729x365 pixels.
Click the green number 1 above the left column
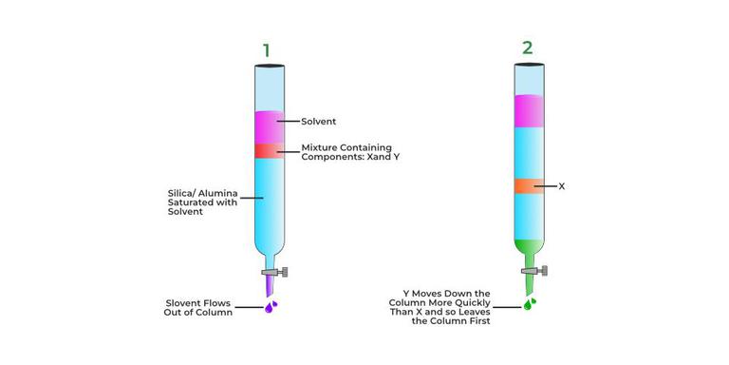pyautogui.click(x=267, y=48)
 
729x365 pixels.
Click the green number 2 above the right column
pyautogui.click(x=528, y=48)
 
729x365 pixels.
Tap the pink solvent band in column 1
pyautogui.click(x=269, y=127)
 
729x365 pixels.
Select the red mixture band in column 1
pyautogui.click(x=269, y=151)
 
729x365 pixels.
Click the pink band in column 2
pyautogui.click(x=529, y=110)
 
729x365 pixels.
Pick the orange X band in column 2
pyautogui.click(x=529, y=186)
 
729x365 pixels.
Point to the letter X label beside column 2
pyautogui.click(x=561, y=186)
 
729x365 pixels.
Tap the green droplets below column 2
pyautogui.click(x=530, y=304)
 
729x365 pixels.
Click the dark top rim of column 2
pyautogui.click(x=529, y=64)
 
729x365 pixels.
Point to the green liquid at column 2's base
pyautogui.click(x=528, y=251)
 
